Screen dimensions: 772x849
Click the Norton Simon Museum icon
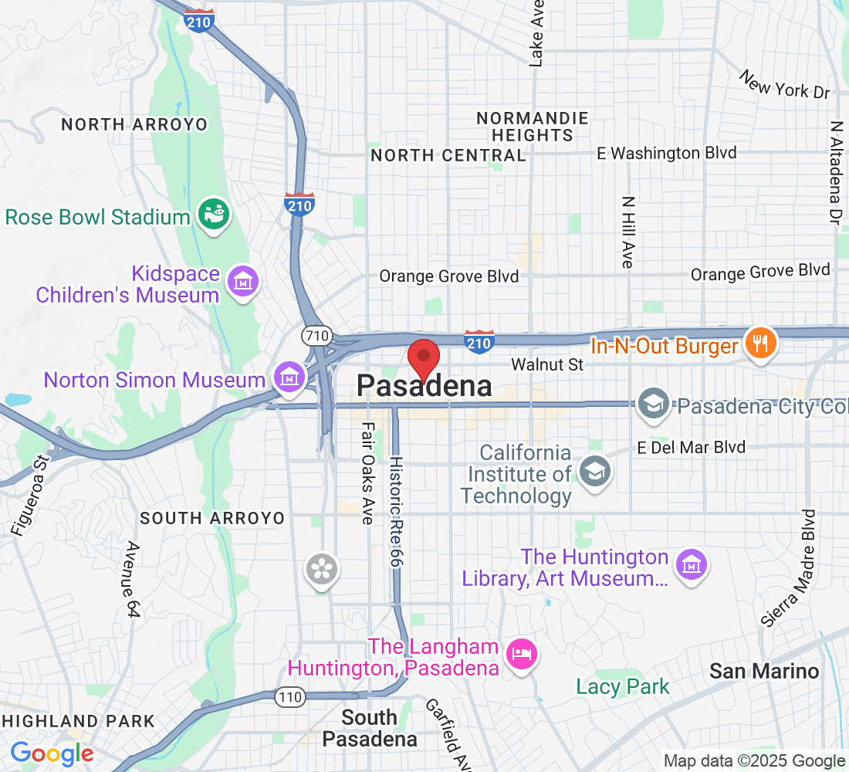289,378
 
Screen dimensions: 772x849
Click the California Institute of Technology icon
594,471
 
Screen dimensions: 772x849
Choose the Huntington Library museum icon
691,565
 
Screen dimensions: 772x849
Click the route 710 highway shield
316,336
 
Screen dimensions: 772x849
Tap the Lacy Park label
623,686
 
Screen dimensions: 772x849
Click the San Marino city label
764,671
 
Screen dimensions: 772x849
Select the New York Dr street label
783,84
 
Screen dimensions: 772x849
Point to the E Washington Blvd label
667,153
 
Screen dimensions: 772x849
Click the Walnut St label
547,364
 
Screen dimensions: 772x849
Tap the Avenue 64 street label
134,579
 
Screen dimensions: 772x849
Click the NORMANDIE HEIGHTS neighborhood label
532,127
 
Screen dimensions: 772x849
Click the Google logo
52,753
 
